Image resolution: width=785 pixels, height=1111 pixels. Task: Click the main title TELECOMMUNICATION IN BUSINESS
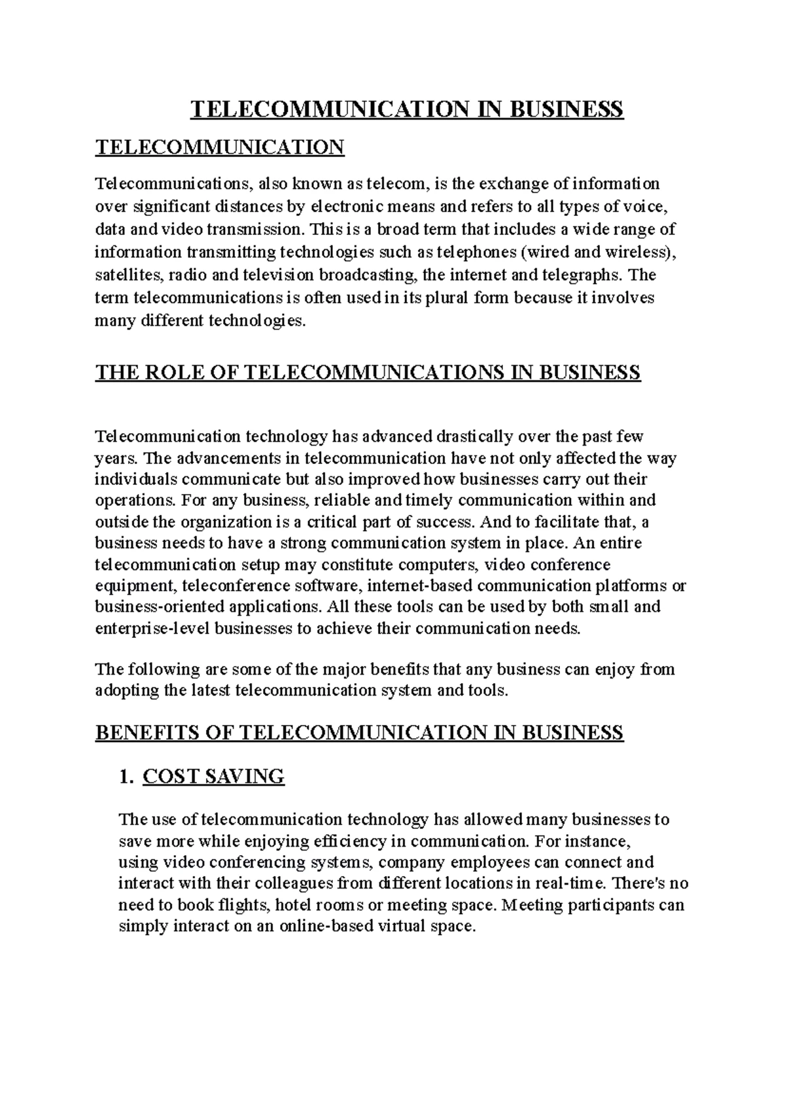tap(406, 109)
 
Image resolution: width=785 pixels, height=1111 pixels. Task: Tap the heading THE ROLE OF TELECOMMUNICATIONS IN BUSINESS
tap(368, 373)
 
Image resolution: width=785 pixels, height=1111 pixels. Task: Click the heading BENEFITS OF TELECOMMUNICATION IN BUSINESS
tap(359, 732)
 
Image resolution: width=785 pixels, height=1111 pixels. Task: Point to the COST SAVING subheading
tap(213, 777)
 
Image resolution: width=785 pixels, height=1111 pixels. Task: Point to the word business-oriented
tap(149, 607)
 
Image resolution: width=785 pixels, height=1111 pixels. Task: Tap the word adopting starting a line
tap(126, 691)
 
